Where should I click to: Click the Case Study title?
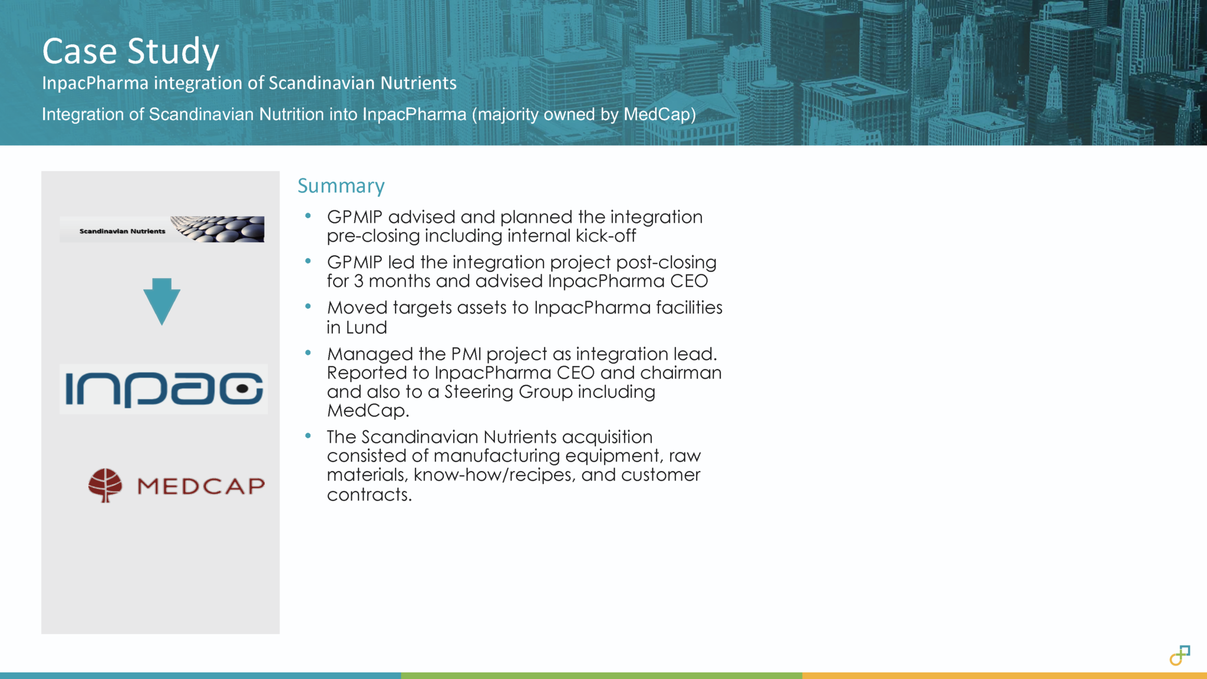130,51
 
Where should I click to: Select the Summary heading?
341,186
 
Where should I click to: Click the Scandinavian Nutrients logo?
162,229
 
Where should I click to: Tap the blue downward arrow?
161,301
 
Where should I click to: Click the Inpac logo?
164,389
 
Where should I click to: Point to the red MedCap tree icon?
105,485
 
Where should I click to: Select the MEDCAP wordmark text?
201,486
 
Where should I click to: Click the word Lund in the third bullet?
366,328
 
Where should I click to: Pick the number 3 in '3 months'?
358,281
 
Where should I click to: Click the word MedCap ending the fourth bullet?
366,411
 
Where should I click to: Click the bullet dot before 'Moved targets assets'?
308,306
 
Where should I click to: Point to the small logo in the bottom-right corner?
1180,655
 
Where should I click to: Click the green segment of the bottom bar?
601,675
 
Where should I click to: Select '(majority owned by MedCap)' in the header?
583,114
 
